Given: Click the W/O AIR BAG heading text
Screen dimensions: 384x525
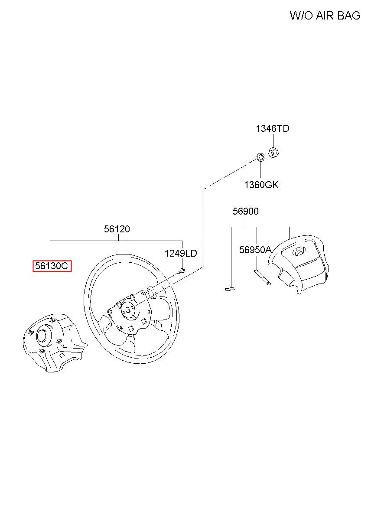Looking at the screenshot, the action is click(325, 16).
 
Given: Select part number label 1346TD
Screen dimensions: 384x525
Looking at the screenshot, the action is click(273, 128).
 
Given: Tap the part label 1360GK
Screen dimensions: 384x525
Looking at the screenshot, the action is click(261, 185).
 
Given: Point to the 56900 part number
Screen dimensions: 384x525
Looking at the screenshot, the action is click(246, 211).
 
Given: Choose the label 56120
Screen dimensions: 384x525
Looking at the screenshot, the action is click(117, 229).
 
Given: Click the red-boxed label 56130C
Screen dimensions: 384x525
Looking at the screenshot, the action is click(52, 266).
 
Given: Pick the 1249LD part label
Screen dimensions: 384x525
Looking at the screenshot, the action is click(181, 253).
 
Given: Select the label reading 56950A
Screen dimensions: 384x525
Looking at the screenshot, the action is click(255, 250).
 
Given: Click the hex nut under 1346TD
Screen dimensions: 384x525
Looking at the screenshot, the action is click(273, 152).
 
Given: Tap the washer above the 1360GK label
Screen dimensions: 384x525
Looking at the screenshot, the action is click(260, 157).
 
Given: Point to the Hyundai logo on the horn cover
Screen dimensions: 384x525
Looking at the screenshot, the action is click(299, 251).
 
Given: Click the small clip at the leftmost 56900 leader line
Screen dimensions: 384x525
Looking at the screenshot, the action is click(230, 289).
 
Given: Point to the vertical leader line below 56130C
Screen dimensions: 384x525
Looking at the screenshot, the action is click(50, 293).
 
